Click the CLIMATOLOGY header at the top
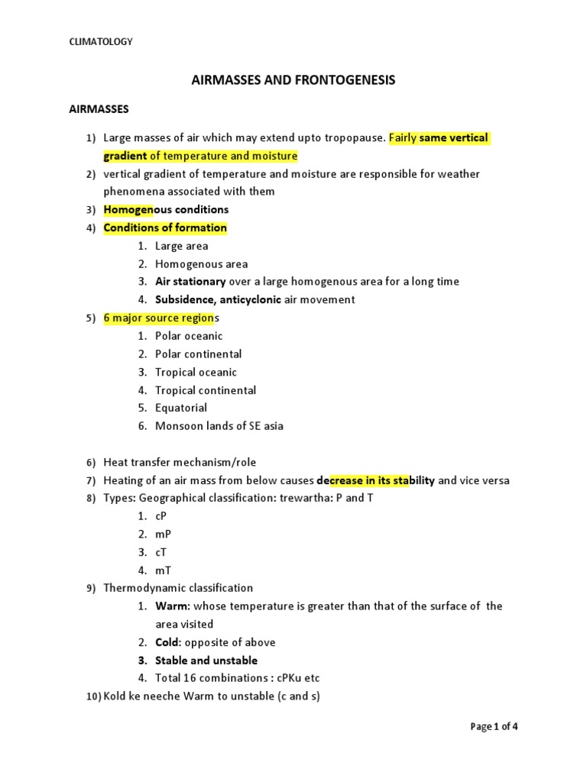coord(101,42)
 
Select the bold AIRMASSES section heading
coord(99,109)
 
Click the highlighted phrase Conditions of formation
coord(165,228)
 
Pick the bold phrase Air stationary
coord(190,282)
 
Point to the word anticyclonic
coord(250,299)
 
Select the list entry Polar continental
coord(198,354)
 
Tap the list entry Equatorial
coord(181,408)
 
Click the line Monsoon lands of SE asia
coord(219,426)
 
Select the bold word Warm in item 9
coord(171,606)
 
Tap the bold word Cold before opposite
coord(169,642)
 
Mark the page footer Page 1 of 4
coord(495,726)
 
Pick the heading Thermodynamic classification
coord(178,588)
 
